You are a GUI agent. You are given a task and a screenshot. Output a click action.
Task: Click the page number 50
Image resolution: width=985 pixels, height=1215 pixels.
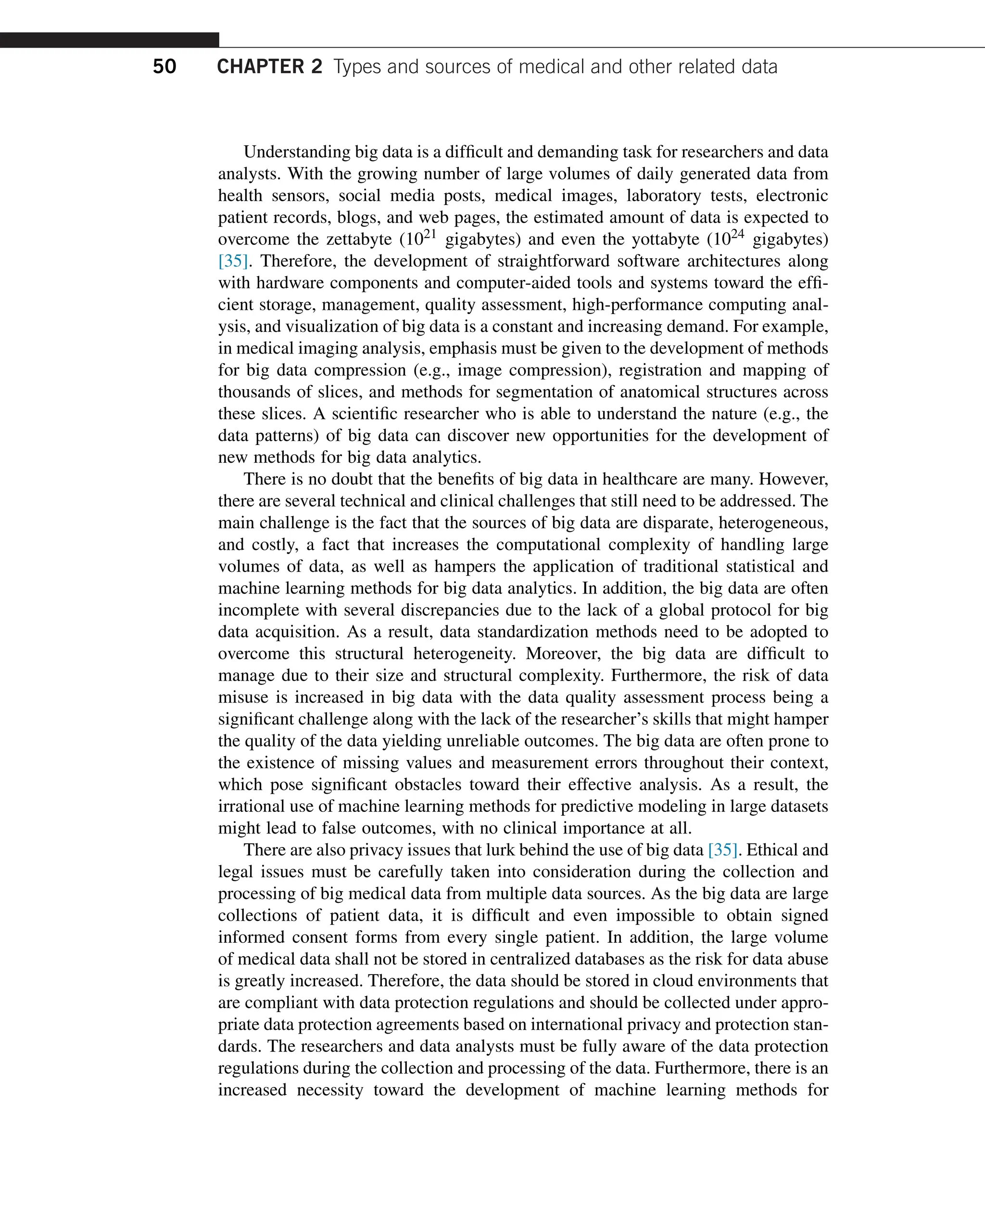point(164,67)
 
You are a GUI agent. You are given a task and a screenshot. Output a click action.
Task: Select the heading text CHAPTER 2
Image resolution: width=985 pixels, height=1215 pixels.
point(269,67)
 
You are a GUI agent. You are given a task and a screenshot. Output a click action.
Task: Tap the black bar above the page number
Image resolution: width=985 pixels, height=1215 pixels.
point(109,40)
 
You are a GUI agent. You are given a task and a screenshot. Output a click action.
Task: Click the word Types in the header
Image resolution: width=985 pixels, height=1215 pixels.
point(357,67)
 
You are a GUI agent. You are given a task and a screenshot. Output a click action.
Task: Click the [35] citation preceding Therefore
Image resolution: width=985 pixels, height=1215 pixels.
point(233,261)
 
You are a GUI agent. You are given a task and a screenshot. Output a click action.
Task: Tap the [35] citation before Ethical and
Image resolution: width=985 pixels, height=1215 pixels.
point(723,850)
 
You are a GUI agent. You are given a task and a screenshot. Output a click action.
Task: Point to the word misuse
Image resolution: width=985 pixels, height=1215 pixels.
point(244,697)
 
